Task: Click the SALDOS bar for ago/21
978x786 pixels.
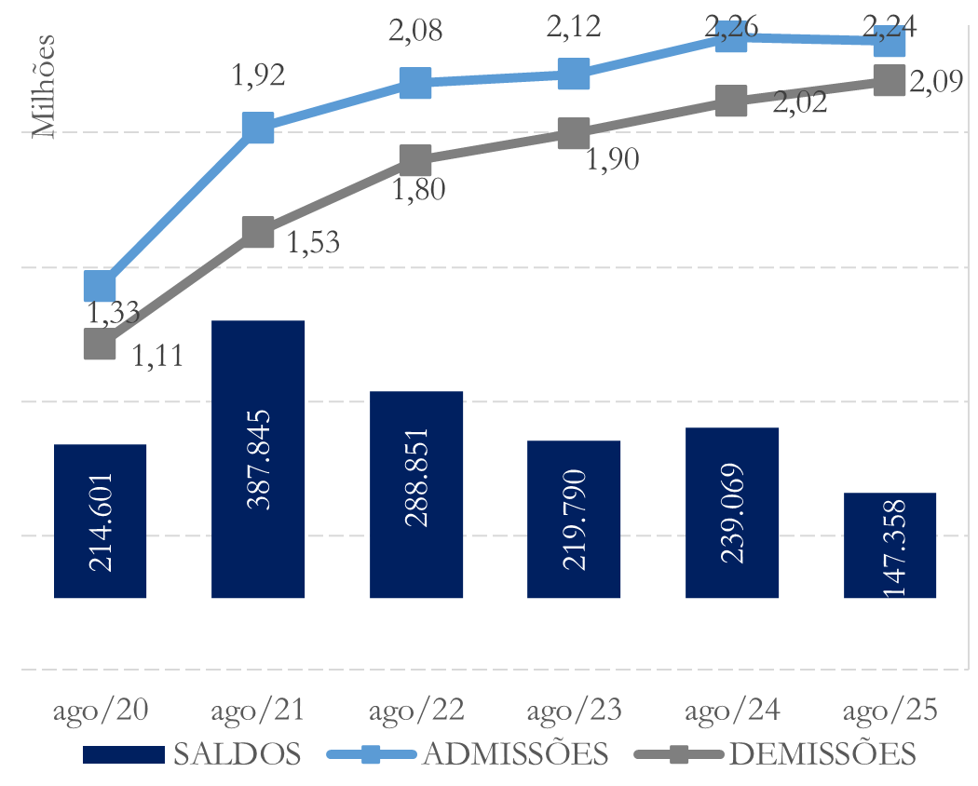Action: point(258,459)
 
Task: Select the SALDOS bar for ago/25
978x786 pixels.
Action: point(890,545)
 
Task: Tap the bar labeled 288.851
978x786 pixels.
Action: point(416,495)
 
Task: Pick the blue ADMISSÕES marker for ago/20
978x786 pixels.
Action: point(100,285)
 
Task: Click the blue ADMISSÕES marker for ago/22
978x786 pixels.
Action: point(416,82)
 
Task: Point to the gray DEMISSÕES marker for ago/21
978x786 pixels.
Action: point(258,231)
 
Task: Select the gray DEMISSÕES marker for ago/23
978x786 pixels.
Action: point(574,133)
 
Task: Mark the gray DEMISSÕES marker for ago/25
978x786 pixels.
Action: point(890,80)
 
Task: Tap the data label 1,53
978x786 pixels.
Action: point(313,243)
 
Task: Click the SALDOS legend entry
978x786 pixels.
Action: point(192,753)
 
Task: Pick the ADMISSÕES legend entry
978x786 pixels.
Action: point(470,753)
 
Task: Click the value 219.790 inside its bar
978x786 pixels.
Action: point(574,519)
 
